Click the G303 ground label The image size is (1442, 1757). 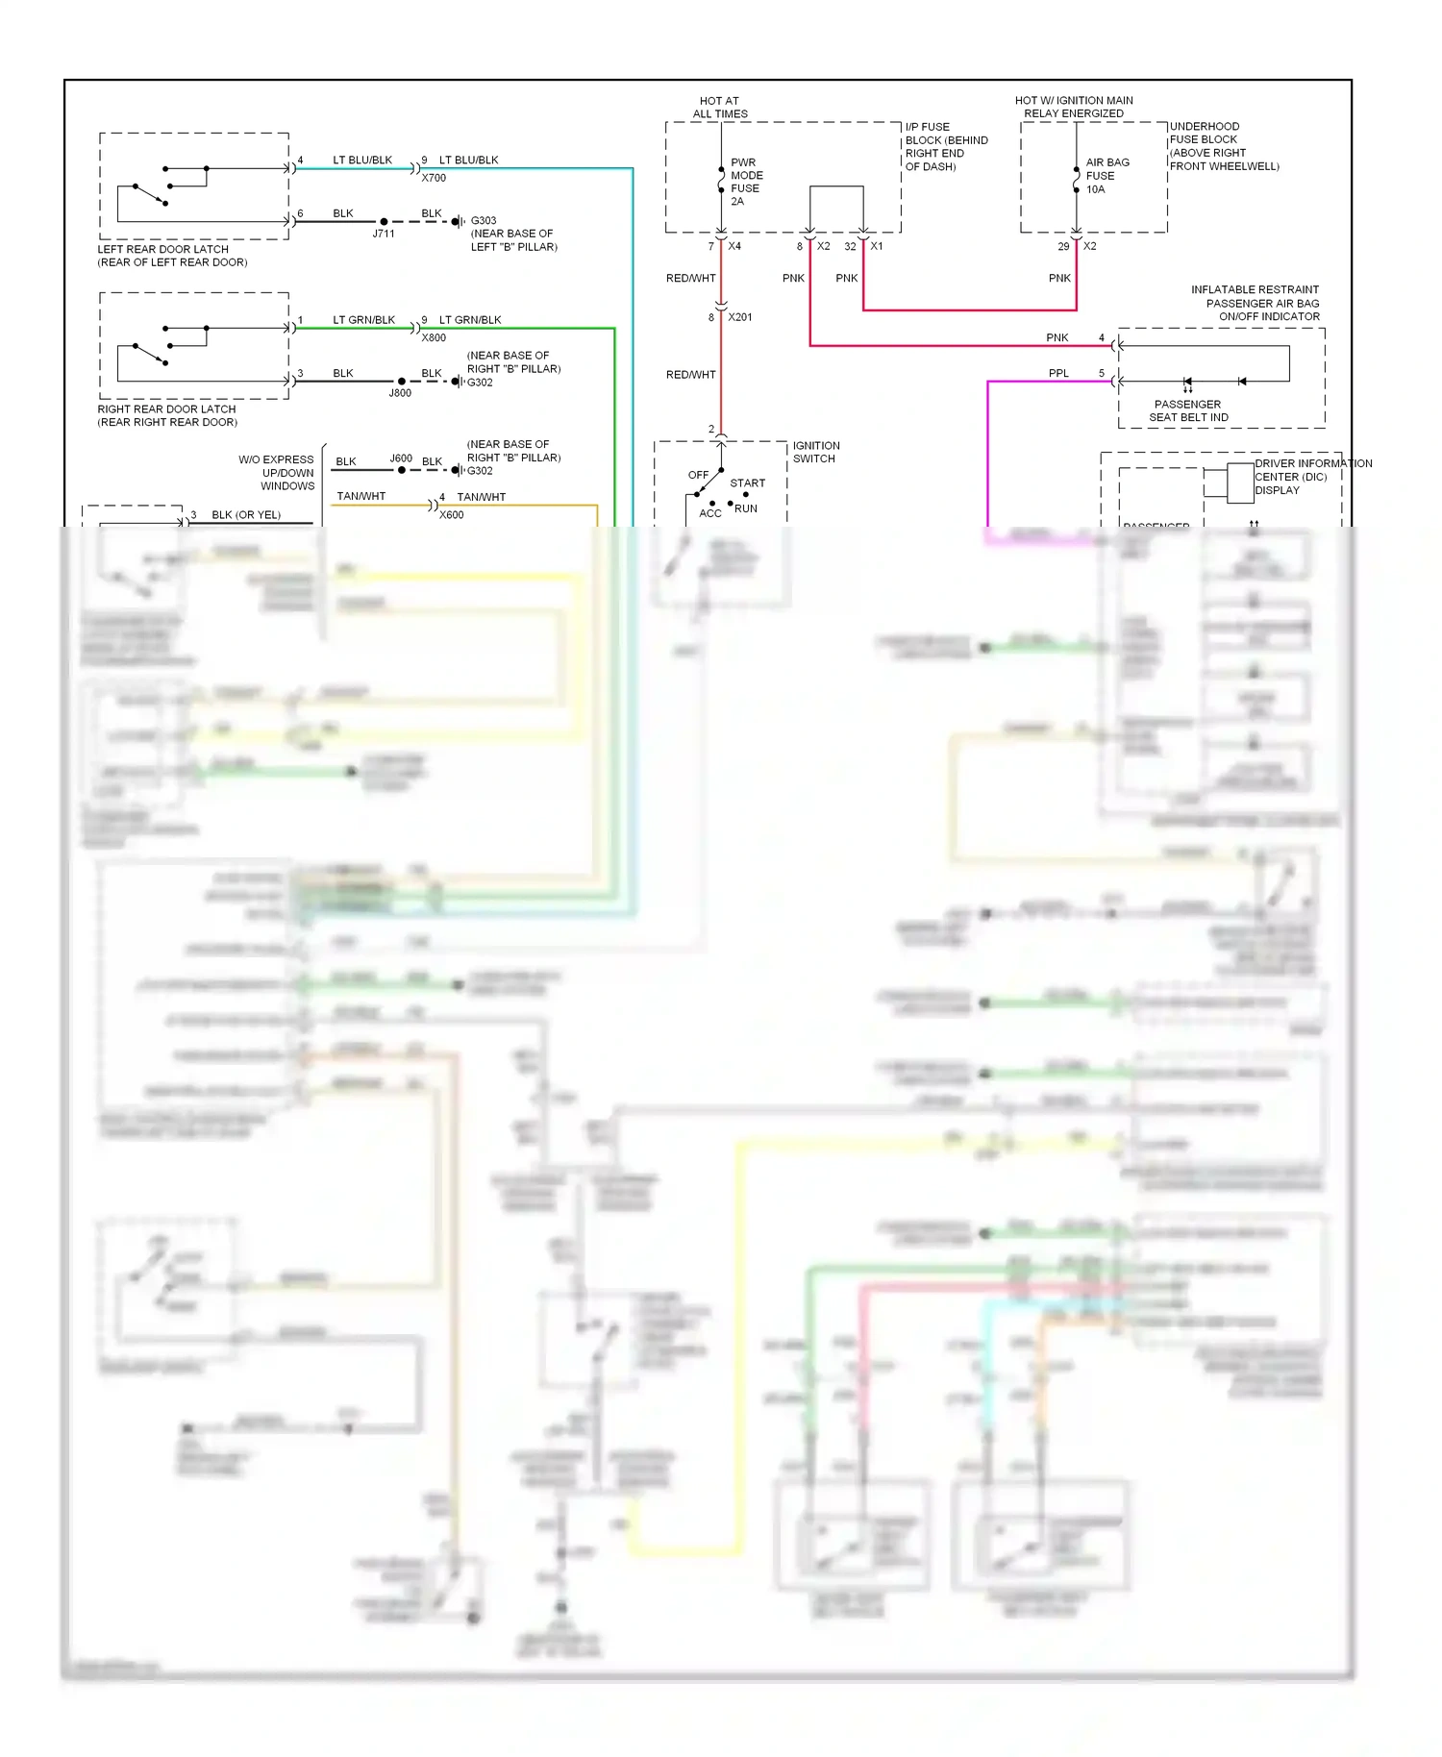coord(484,220)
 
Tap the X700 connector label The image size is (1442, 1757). coord(434,178)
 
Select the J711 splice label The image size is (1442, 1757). coord(384,234)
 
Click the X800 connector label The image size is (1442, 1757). coord(434,337)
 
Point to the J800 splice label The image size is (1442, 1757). coord(400,393)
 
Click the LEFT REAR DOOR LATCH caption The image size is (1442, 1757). coord(171,256)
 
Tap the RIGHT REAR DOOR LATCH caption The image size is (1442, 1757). coord(167,415)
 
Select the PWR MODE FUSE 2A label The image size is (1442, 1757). coord(746,182)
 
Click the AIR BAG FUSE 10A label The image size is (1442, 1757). coord(1106,176)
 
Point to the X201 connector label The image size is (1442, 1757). coord(740,317)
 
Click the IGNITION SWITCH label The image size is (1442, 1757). coord(815,452)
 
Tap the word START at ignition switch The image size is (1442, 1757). coord(747,483)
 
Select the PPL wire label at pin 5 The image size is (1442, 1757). coord(1058,373)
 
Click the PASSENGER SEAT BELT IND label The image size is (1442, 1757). coord(1188,410)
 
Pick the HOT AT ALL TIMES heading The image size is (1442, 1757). coord(720,107)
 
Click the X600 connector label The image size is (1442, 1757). coord(451,515)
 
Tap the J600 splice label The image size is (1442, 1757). coord(401,458)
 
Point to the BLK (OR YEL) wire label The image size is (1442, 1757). coord(246,515)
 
